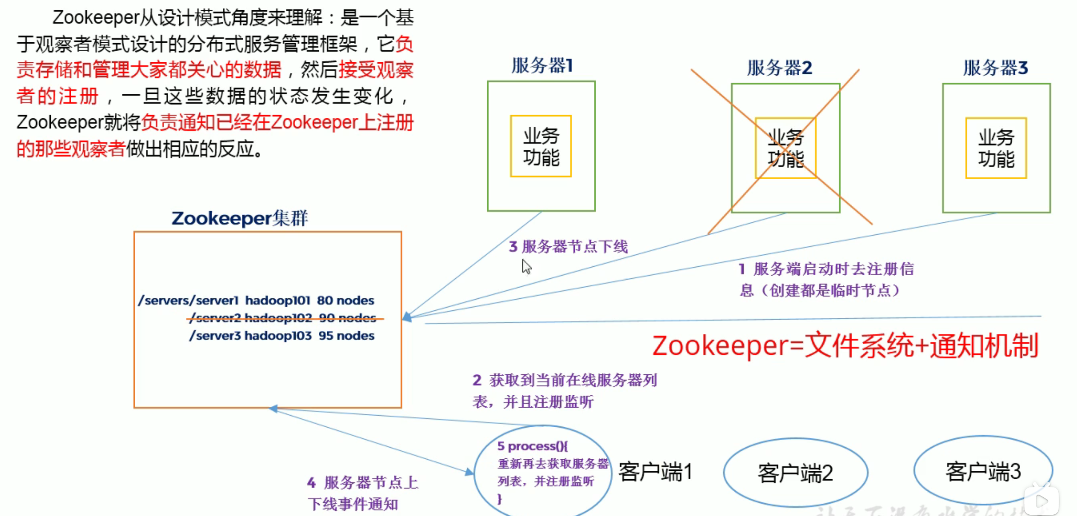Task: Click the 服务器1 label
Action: pyautogui.click(x=542, y=66)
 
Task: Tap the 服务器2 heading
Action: pyautogui.click(x=779, y=68)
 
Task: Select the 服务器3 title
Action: pyautogui.click(x=995, y=68)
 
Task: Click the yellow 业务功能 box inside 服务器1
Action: pyautogui.click(x=541, y=146)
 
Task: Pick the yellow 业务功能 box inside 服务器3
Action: pyautogui.click(x=996, y=148)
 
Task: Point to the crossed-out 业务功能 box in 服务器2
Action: pyautogui.click(x=786, y=148)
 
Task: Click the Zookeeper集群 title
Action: pyautogui.click(x=239, y=218)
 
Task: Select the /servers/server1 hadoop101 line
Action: pyautogui.click(x=256, y=300)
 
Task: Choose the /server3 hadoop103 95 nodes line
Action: pyautogui.click(x=282, y=336)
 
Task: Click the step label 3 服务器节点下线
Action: pyautogui.click(x=568, y=247)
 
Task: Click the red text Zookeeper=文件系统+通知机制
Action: pyautogui.click(x=845, y=345)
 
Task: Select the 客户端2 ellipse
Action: pyautogui.click(x=795, y=472)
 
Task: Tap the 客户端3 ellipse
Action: pyautogui.click(x=983, y=471)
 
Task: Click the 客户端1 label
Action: pyautogui.click(x=655, y=472)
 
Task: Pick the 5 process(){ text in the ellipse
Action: pyautogui.click(x=532, y=446)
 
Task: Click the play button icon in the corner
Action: pyautogui.click(x=1042, y=500)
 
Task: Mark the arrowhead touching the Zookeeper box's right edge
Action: pyautogui.click(x=407, y=317)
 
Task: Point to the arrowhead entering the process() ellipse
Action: pyautogui.click(x=469, y=472)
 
